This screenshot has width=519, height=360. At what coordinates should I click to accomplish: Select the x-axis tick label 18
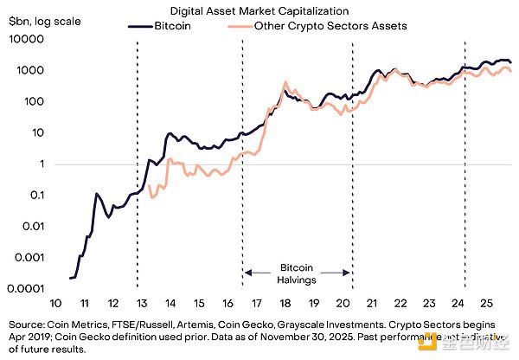285,304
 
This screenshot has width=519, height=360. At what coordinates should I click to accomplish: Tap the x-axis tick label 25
487,304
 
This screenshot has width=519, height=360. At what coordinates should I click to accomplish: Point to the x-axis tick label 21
372,304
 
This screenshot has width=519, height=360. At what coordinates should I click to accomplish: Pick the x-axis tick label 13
143,304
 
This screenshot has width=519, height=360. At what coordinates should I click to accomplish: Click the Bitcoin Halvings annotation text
298,274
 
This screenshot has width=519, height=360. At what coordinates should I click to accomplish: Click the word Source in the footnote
25,318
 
